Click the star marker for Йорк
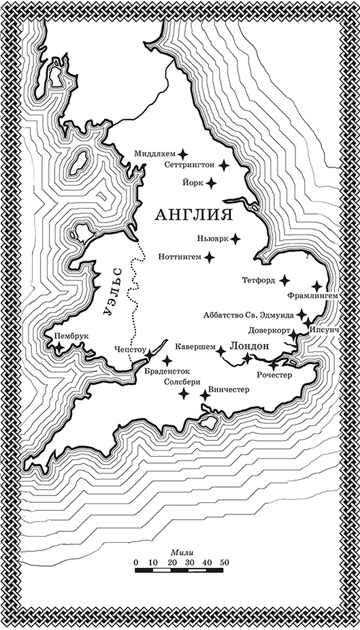coord(211,182)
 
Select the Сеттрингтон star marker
coord(221,165)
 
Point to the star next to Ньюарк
coord(235,239)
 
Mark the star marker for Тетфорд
coord(284,280)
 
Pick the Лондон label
coord(250,346)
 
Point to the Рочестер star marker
coord(274,365)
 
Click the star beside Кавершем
coord(220,351)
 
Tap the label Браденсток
coord(166,371)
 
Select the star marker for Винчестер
coord(205,395)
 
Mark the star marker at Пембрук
coord(59,348)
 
